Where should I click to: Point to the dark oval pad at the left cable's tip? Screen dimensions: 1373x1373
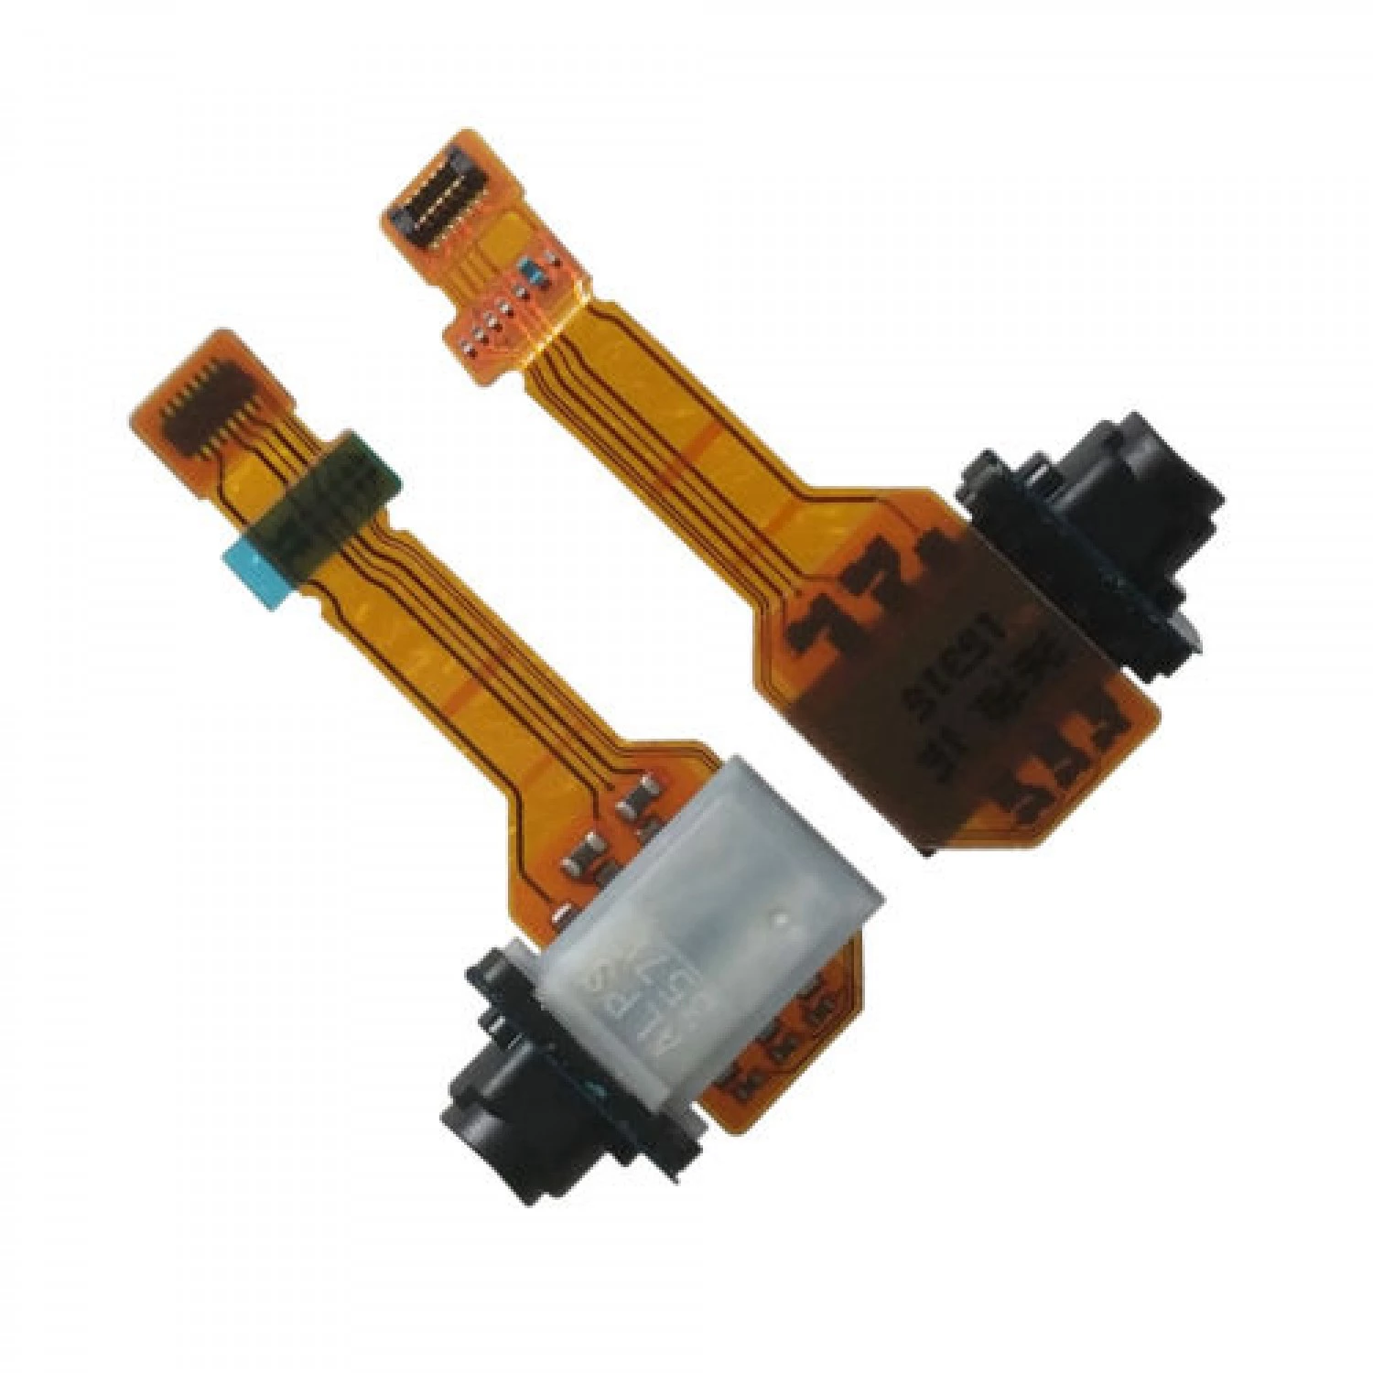coord(202,411)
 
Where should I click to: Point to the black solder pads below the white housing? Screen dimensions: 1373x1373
coord(778,1053)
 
